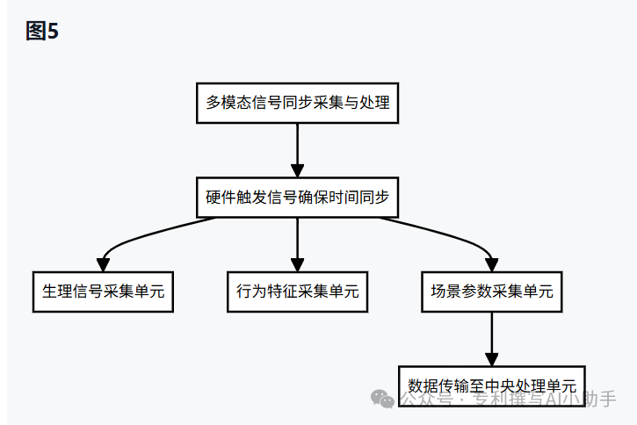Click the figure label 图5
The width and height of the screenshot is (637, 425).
pos(41,32)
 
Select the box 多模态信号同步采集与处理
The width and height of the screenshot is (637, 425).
pos(297,104)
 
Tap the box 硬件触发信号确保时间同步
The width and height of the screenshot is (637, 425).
pos(297,198)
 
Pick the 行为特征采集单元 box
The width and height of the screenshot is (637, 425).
pos(297,292)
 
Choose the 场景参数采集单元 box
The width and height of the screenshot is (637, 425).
pos(491,292)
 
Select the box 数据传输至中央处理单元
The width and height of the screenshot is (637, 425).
pos(491,385)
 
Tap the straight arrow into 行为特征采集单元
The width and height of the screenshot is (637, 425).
pos(297,244)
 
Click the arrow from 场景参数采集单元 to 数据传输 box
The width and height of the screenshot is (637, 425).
pos(491,338)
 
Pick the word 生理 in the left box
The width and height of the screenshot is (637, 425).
pos(54,292)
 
